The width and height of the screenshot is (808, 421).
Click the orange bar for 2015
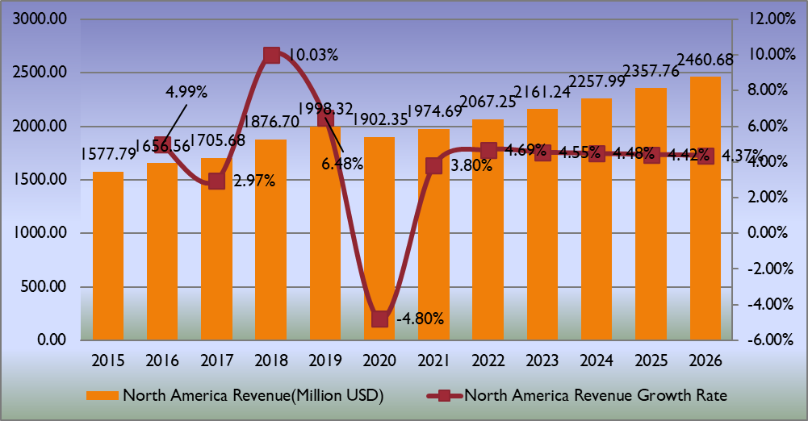pyautogui.click(x=108, y=256)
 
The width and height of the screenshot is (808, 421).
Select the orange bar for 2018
pyautogui.click(x=270, y=240)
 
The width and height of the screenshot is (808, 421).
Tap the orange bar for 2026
pyautogui.click(x=705, y=208)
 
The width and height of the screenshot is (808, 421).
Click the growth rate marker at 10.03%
pyautogui.click(x=271, y=55)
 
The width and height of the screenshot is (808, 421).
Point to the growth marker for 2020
pyautogui.click(x=379, y=319)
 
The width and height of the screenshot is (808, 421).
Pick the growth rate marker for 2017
pyautogui.click(x=216, y=181)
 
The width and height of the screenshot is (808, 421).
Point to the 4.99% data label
pyautogui.click(x=186, y=91)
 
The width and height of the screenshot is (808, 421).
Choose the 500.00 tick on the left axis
pyautogui.click(x=44, y=286)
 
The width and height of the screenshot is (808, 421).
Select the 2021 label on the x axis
pyautogui.click(x=433, y=361)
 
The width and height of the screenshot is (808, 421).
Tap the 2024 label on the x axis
pyautogui.click(x=597, y=361)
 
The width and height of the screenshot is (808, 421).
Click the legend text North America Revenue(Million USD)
pyautogui.click(x=252, y=395)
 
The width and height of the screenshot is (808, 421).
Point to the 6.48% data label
pyautogui.click(x=342, y=164)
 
